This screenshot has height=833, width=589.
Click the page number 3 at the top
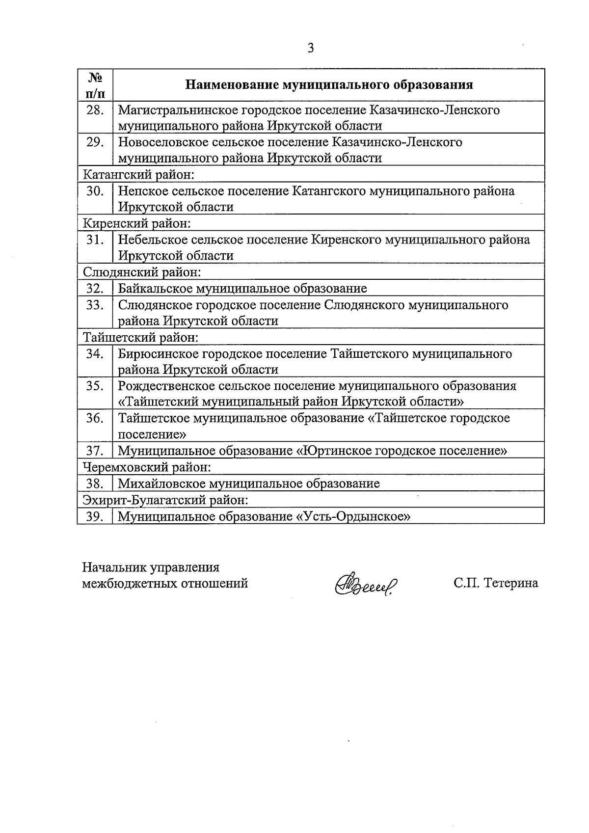[x=310, y=48]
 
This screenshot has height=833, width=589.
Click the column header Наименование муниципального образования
[x=329, y=85]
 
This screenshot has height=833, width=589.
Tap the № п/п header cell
[x=95, y=85]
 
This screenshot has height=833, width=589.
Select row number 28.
[x=95, y=110]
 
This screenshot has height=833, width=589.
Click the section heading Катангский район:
[x=139, y=174]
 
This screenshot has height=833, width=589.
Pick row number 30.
[x=95, y=191]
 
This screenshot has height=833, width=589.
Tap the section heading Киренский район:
[x=136, y=223]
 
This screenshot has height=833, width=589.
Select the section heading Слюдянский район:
[x=142, y=272]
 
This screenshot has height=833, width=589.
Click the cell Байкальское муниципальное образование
[x=242, y=288]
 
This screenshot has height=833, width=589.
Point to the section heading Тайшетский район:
[x=140, y=337]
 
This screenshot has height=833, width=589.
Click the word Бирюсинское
[x=156, y=353]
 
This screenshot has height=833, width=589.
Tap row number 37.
[x=95, y=451]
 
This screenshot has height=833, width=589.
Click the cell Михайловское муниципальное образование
[x=249, y=484]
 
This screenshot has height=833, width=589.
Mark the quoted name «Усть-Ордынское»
[x=353, y=516]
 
